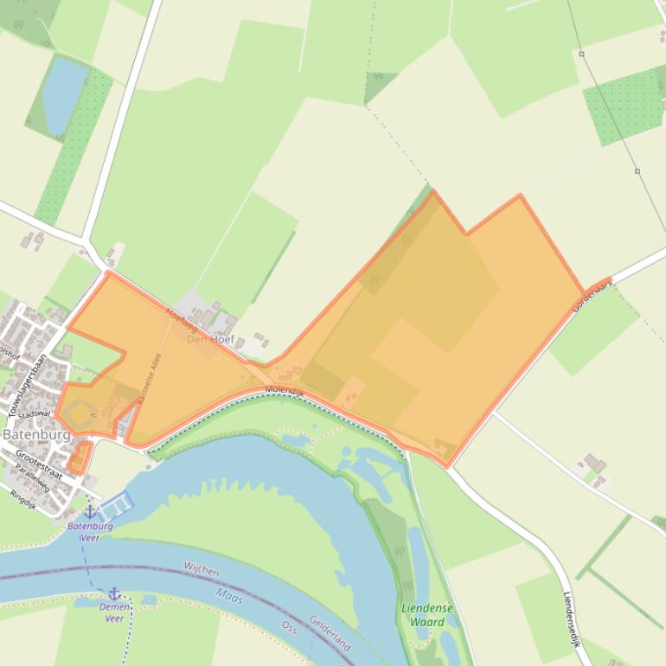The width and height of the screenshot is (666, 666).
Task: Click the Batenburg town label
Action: tap(36, 434)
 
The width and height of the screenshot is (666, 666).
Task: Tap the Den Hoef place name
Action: tap(210, 338)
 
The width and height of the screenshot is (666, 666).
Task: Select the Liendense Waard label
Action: tap(427, 615)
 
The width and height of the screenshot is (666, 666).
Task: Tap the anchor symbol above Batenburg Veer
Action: tap(90, 512)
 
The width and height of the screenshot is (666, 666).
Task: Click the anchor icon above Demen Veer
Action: tap(113, 593)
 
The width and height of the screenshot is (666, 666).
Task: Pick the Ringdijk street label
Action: tap(23, 496)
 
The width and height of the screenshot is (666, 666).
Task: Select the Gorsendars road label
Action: tap(592, 296)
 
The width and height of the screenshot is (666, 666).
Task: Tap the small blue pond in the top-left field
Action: tap(65, 93)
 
